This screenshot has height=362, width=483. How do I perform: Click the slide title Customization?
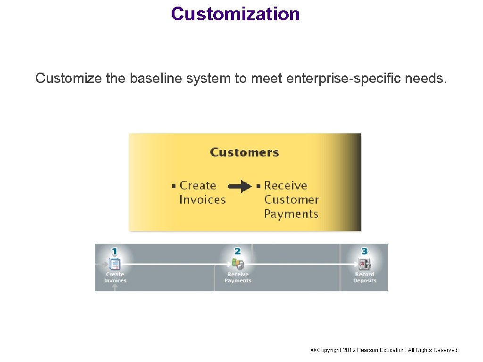pyautogui.click(x=235, y=14)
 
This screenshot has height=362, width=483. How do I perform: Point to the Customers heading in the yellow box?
pyautogui.click(x=244, y=152)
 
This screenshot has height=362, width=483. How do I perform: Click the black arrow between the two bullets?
pyautogui.click(x=241, y=186)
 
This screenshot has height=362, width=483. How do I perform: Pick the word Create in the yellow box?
pyautogui.click(x=198, y=186)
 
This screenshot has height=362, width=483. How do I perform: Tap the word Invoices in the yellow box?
pyautogui.click(x=202, y=200)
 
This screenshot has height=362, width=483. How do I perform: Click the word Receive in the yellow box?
pyautogui.click(x=285, y=186)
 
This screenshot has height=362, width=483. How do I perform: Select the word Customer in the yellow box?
pyautogui.click(x=291, y=200)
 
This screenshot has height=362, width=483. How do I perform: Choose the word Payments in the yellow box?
pyautogui.click(x=291, y=214)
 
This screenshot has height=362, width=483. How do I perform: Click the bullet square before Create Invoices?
pyautogui.click(x=174, y=186)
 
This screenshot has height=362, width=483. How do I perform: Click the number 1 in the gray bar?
pyautogui.click(x=115, y=251)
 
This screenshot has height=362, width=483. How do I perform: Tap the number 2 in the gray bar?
pyautogui.click(x=237, y=251)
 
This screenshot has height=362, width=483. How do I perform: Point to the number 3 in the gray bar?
pyautogui.click(x=364, y=251)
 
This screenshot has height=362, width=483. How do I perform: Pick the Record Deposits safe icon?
pyautogui.click(x=365, y=263)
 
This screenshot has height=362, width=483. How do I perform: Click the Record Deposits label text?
pyautogui.click(x=365, y=278)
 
